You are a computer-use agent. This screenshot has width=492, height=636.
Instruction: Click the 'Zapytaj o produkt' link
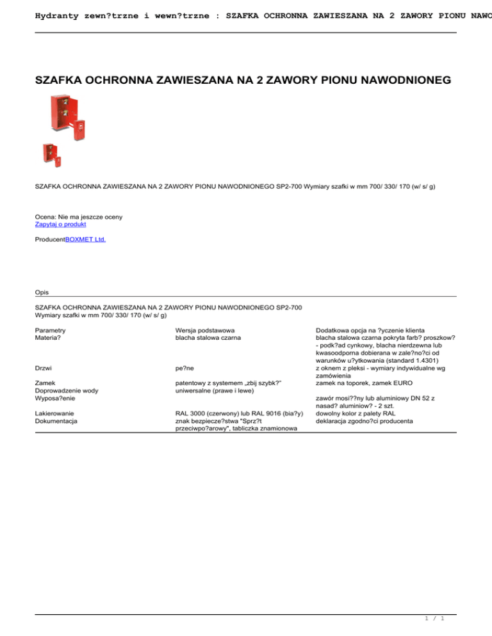click(x=60, y=225)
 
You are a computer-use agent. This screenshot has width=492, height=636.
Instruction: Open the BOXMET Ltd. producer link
click(x=86, y=239)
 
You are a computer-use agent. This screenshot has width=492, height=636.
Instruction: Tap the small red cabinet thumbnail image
click(x=51, y=154)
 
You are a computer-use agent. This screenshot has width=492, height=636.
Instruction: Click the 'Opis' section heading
click(x=42, y=292)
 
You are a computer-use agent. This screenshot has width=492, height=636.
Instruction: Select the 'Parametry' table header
click(x=51, y=330)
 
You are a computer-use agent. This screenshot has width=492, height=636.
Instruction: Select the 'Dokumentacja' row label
click(x=56, y=421)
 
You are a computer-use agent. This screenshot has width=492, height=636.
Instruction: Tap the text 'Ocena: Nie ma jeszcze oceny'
click(x=79, y=217)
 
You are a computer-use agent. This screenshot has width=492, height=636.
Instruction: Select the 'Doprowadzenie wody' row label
click(x=67, y=391)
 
